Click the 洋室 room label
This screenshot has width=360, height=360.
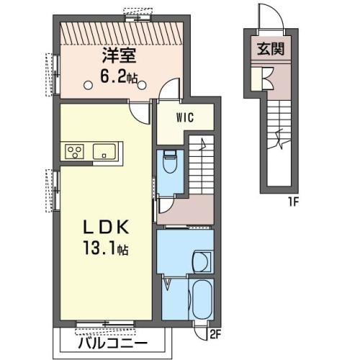click(x=120, y=55)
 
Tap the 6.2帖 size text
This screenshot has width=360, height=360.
click(x=119, y=77)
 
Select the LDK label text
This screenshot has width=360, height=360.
click(x=106, y=227)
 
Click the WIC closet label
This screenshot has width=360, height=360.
click(x=185, y=117)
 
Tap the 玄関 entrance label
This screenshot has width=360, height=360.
click(x=271, y=49)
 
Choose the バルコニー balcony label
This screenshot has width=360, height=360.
click(x=112, y=345)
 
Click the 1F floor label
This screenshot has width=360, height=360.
click(x=293, y=203)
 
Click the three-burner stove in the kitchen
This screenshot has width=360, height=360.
click(x=75, y=151)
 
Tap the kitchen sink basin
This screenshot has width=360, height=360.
click(x=104, y=151)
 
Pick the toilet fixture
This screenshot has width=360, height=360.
click(x=170, y=161)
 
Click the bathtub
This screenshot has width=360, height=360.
click(x=202, y=300)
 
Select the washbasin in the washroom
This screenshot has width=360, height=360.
click(x=202, y=261)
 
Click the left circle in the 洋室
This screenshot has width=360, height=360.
click(x=88, y=85)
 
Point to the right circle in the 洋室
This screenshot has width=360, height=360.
click(x=142, y=85)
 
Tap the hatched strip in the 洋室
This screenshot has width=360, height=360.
click(x=122, y=33)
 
